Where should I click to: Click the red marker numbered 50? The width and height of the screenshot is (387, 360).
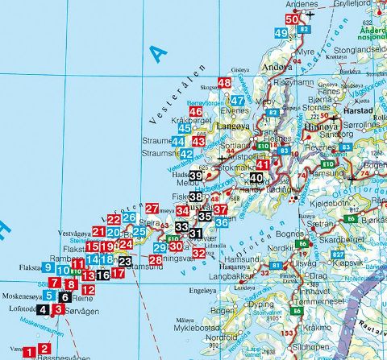292,19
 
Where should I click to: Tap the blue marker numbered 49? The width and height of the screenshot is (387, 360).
281,33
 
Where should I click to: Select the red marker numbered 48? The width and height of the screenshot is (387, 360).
224,83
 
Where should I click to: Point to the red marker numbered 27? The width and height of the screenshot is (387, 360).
152,209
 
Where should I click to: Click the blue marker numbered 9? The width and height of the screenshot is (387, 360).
49,268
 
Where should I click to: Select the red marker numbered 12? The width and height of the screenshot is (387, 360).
89,289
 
